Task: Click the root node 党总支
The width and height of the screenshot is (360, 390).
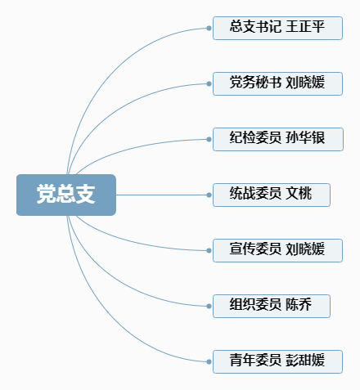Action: click(66, 195)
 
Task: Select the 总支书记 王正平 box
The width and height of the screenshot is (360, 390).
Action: click(277, 28)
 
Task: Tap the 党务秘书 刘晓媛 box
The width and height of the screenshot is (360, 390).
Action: click(277, 83)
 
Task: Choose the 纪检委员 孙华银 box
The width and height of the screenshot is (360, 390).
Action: click(278, 139)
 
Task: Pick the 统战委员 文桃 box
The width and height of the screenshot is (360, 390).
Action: click(272, 195)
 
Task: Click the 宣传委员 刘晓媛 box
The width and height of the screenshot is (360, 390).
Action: click(277, 250)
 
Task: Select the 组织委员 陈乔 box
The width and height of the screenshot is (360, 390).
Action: click(272, 306)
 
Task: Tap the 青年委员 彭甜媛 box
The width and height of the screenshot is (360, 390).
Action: click(277, 361)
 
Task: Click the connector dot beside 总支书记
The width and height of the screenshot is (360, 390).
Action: click(209, 28)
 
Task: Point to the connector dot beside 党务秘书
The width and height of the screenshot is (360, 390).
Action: click(209, 83)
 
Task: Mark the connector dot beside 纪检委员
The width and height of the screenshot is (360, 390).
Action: click(209, 139)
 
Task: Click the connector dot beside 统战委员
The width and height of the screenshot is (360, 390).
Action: click(209, 195)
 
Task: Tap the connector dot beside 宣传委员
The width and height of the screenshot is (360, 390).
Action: click(209, 250)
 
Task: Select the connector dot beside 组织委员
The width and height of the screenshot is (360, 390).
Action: click(209, 306)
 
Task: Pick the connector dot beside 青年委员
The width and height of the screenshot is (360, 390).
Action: click(209, 361)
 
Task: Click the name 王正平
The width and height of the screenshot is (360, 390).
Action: click(305, 26)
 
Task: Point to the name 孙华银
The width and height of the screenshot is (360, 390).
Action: click(305, 137)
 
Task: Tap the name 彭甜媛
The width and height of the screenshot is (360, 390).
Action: click(305, 360)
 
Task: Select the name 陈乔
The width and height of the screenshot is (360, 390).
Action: click(299, 304)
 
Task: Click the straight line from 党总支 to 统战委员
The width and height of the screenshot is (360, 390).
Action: click(161, 195)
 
